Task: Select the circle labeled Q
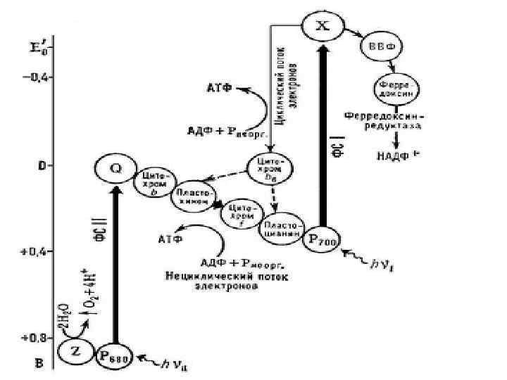(x=115, y=169)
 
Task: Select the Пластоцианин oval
(x=282, y=226)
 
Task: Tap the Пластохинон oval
(x=193, y=198)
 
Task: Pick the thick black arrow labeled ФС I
(x=322, y=134)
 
